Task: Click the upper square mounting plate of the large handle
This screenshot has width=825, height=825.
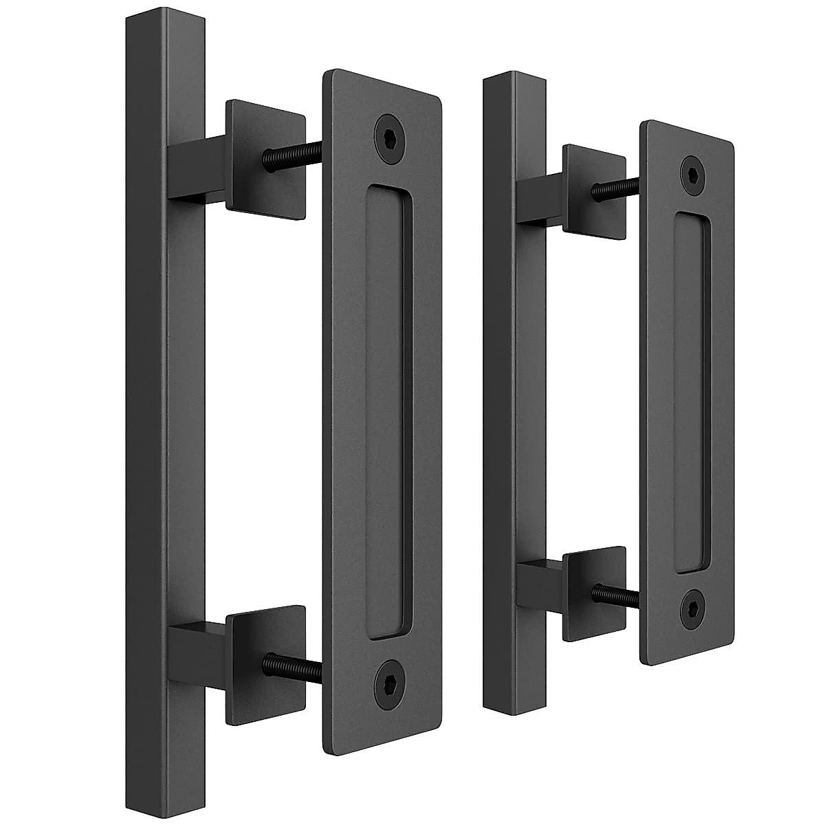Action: [266, 159]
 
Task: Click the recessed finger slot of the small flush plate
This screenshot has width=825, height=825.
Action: [691, 392]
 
